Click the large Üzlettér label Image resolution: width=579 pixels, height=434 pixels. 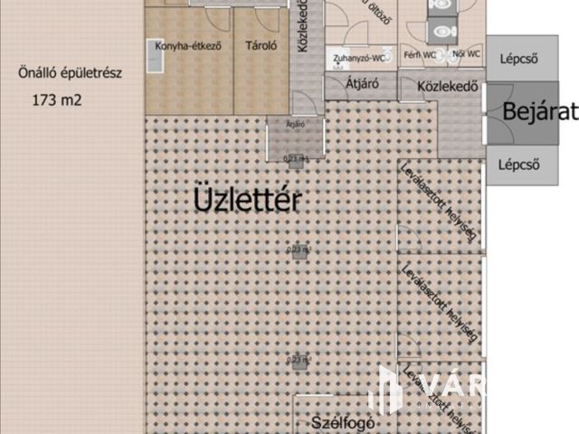point(247,201)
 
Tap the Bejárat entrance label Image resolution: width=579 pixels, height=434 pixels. point(539,112)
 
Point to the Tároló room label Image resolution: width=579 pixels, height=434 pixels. point(261,46)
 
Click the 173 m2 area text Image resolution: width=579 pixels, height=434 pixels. point(56,100)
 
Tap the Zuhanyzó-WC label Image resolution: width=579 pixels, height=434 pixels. point(361,59)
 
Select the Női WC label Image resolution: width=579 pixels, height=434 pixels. point(466,55)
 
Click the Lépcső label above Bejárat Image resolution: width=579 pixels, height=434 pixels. point(519,60)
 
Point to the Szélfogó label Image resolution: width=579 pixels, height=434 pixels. point(343,422)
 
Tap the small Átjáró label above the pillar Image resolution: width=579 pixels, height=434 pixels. point(294,123)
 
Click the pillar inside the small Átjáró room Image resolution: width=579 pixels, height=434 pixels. point(295,159)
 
